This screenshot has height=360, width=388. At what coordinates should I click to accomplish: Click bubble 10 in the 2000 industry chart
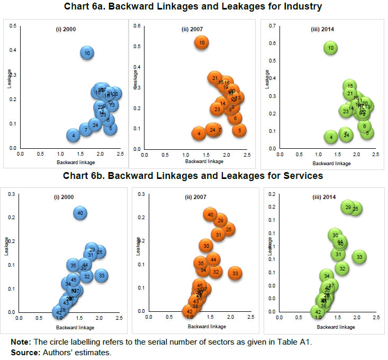coord(87,52)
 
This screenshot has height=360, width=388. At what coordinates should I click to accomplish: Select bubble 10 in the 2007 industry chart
coord(202,42)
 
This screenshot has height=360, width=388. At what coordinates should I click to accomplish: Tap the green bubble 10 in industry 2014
coord(331,48)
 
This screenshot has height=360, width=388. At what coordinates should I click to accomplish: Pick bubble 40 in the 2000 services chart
coord(80,213)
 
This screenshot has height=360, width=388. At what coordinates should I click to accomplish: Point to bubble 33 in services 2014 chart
coord(359,257)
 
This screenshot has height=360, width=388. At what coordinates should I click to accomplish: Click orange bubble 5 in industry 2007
coord(239,130)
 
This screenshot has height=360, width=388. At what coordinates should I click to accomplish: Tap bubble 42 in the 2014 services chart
coord(318,312)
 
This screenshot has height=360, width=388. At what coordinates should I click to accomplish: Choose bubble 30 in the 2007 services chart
coord(206,246)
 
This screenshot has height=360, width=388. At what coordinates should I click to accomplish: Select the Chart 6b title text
coord(194,175)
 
